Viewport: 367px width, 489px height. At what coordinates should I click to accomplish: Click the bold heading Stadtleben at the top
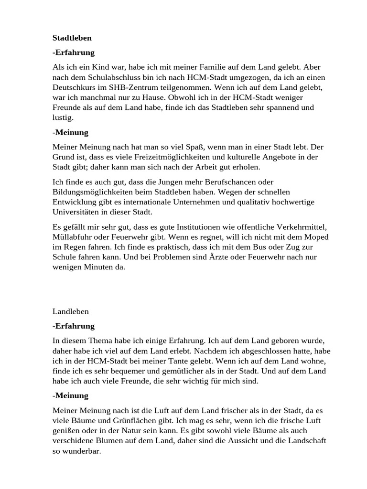click(72, 37)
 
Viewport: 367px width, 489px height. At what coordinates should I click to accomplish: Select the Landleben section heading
click(71, 311)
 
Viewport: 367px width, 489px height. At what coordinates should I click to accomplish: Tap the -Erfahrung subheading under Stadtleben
click(74, 53)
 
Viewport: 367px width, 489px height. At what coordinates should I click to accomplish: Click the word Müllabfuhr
click(73, 237)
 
